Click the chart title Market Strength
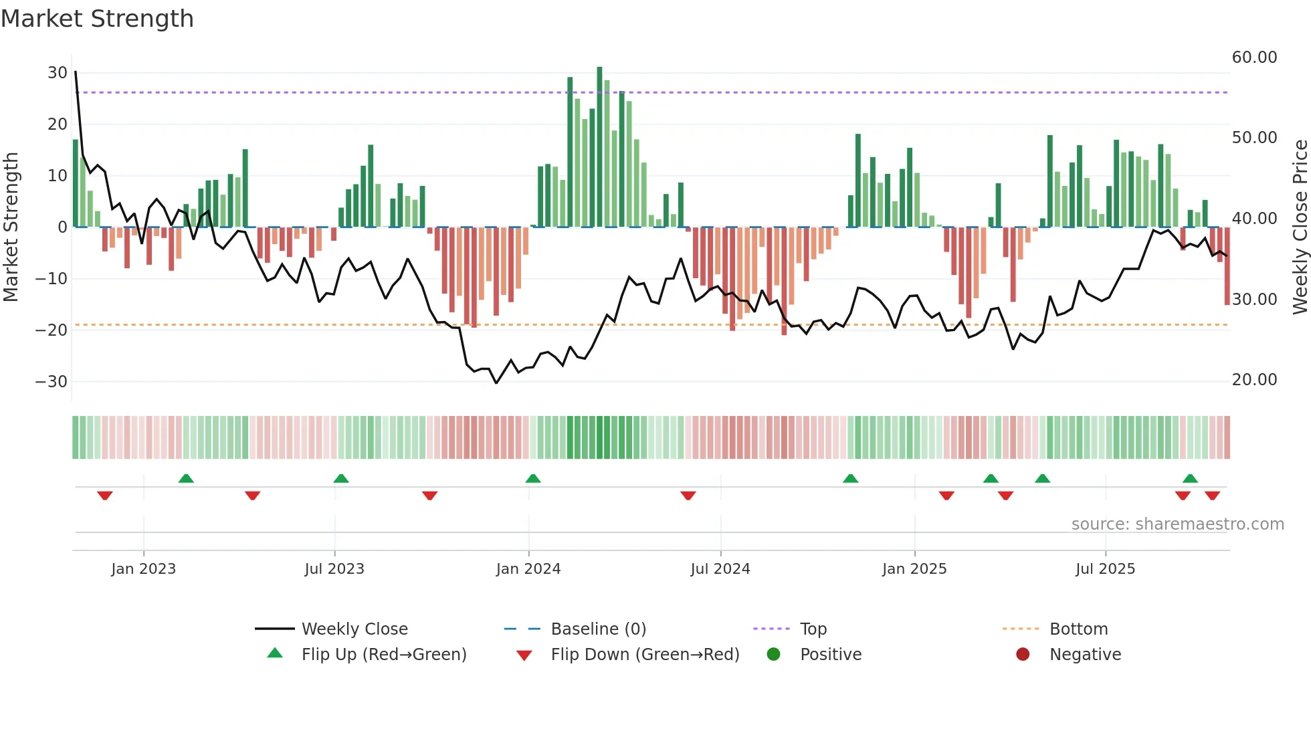click(x=97, y=19)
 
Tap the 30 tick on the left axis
click(x=58, y=73)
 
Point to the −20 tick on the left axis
click(x=52, y=330)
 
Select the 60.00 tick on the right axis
click(x=1254, y=58)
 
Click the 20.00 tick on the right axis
click(x=1254, y=380)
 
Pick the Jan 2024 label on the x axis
click(x=528, y=569)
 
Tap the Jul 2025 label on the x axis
click(x=1105, y=569)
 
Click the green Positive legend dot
click(x=773, y=655)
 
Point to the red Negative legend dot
click(x=1023, y=655)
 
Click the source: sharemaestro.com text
click(x=1177, y=524)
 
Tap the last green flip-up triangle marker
click(x=1190, y=479)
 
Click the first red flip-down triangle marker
click(x=105, y=496)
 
